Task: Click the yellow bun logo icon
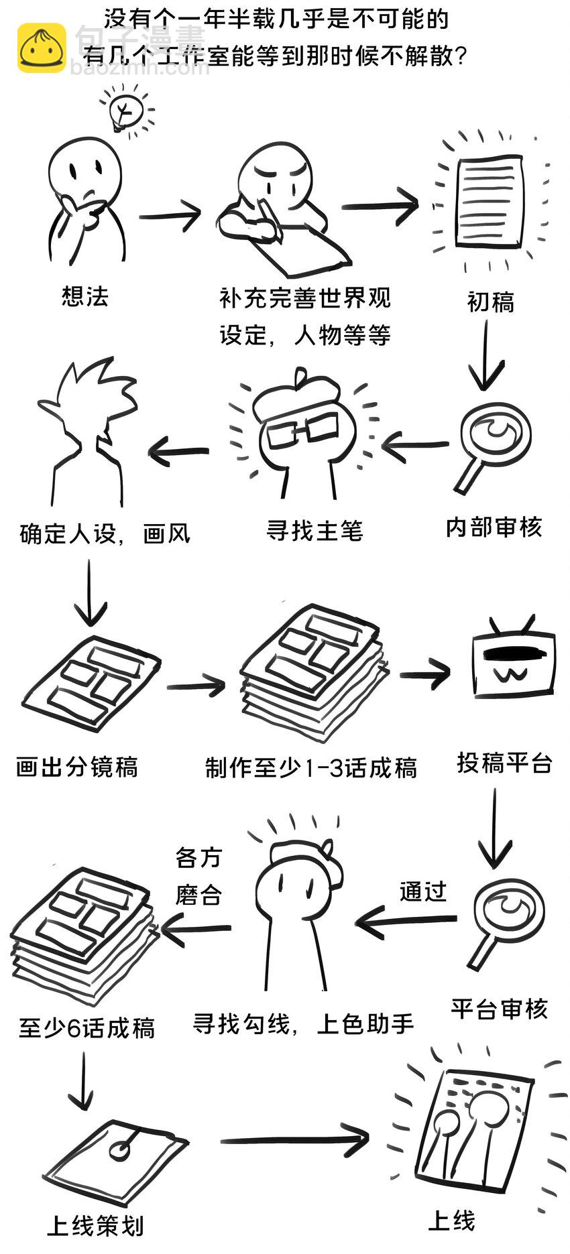pyautogui.click(x=42, y=48)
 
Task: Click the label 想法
pyautogui.click(x=85, y=296)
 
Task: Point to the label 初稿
pyautogui.click(x=491, y=302)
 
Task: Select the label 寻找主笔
pyautogui.click(x=315, y=531)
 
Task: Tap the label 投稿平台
pyautogui.click(x=505, y=763)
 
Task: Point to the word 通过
pyautogui.click(x=423, y=891)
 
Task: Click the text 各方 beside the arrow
pyautogui.click(x=198, y=857)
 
